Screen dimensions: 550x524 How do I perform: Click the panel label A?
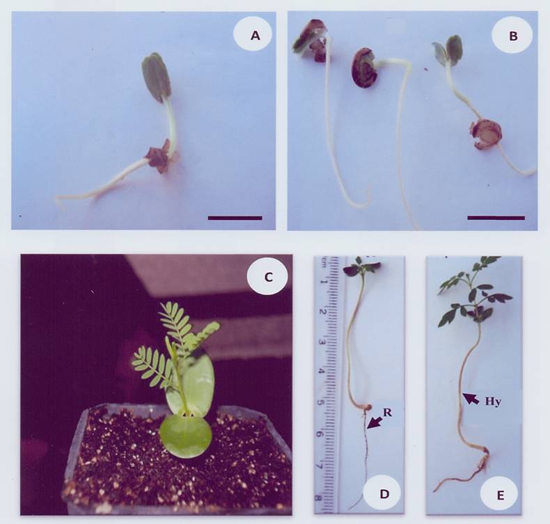pyautogui.click(x=256, y=35)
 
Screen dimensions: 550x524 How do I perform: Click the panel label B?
pyautogui.click(x=513, y=35)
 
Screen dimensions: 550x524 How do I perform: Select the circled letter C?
pyautogui.click(x=267, y=277)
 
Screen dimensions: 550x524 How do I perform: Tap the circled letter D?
pyautogui.click(x=384, y=494)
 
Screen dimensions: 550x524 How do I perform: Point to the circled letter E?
pyautogui.click(x=501, y=495)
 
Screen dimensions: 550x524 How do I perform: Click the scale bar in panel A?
pyautogui.click(x=235, y=218)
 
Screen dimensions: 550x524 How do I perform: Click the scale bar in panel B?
pyautogui.click(x=496, y=218)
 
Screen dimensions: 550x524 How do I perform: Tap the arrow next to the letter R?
pyautogui.click(x=373, y=422)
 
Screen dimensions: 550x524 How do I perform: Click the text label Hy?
pyautogui.click(x=493, y=402)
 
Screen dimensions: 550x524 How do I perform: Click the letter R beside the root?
pyautogui.click(x=387, y=412)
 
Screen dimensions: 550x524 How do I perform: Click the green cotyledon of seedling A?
pyautogui.click(x=156, y=77)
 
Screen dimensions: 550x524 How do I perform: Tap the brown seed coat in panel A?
pyautogui.click(x=159, y=156)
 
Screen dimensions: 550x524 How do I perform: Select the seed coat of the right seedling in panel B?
pyautogui.click(x=486, y=134)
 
